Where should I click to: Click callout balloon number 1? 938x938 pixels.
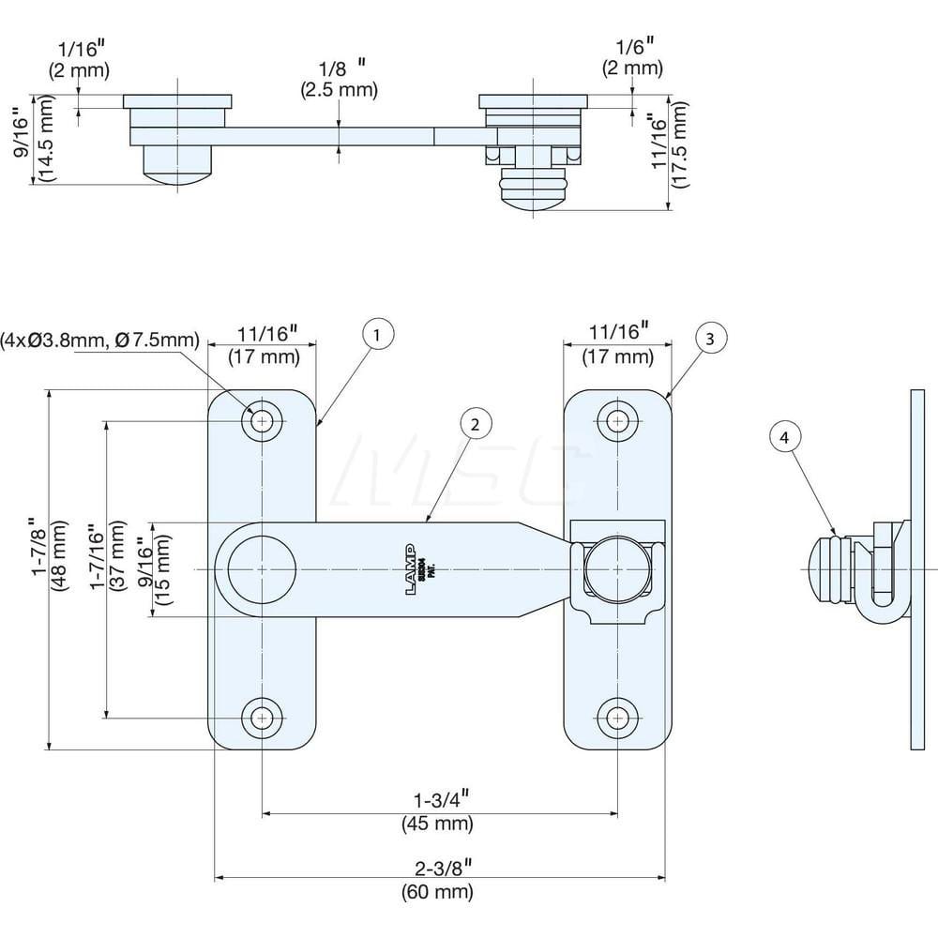tap(377, 335)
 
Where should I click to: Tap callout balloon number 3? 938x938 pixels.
tap(710, 340)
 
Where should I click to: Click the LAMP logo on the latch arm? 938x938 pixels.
tap(411, 561)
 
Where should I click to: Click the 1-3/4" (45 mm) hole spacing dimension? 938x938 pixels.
tap(437, 813)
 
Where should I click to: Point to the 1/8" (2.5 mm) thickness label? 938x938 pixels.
tap(340, 79)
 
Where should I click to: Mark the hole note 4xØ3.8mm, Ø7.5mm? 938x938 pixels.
tap(101, 339)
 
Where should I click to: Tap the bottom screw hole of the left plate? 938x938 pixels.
tap(262, 719)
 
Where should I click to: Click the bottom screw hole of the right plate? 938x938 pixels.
tap(617, 719)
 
